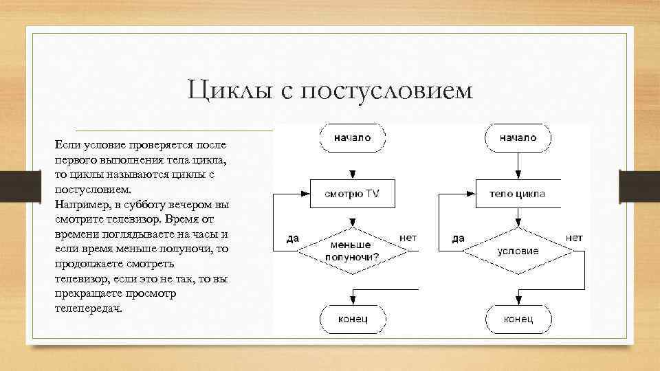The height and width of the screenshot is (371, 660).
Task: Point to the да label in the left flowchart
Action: point(292,238)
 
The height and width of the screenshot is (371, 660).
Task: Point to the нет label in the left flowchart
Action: point(408,238)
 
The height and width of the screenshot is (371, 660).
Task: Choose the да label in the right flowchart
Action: point(458,238)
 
